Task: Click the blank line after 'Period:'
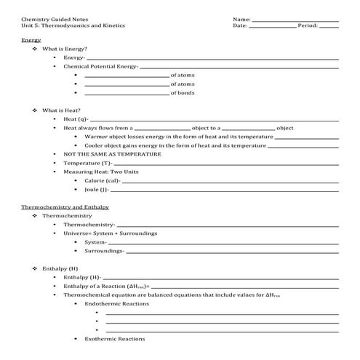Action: coord(329,27)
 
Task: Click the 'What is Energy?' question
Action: coord(65,49)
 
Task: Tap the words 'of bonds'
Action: coord(183,92)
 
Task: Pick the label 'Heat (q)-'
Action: coord(76,119)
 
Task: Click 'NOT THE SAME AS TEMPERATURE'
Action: coord(112,154)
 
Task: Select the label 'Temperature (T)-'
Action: coord(87,164)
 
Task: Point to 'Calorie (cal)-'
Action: coord(102,180)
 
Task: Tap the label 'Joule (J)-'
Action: coord(97,189)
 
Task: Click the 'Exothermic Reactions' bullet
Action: coord(115,338)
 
